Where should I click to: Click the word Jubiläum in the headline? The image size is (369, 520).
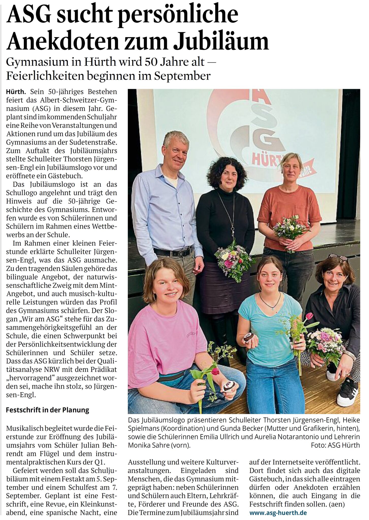point(221,41)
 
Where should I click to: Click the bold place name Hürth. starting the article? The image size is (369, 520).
point(16,92)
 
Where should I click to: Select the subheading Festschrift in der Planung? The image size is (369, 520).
point(47,410)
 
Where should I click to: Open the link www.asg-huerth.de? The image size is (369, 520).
point(278,512)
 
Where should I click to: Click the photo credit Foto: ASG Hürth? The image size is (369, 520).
point(335,445)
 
